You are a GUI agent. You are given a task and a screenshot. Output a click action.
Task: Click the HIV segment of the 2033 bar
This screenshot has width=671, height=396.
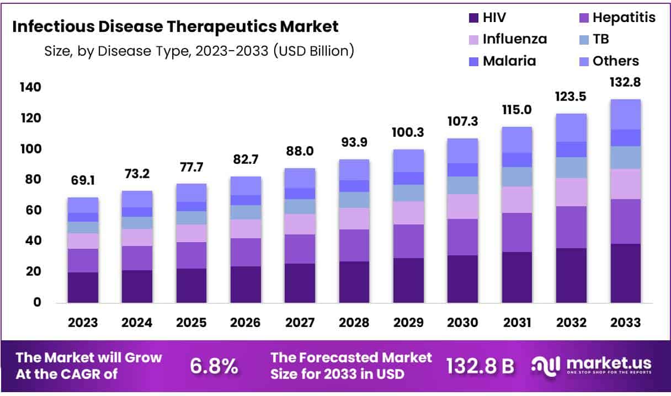click(x=625, y=273)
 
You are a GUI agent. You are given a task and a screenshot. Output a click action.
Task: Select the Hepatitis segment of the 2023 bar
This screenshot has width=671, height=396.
click(x=83, y=260)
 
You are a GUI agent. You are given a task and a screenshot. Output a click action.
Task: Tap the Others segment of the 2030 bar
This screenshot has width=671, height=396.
click(x=462, y=151)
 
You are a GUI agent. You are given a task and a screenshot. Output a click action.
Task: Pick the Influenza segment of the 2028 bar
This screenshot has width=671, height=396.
click(x=354, y=218)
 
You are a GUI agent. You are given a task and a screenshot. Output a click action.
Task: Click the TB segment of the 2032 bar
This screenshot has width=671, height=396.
click(x=571, y=168)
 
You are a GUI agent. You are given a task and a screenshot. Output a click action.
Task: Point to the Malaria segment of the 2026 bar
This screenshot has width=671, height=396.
click(x=246, y=200)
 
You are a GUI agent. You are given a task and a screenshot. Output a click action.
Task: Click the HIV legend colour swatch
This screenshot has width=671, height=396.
click(x=473, y=18)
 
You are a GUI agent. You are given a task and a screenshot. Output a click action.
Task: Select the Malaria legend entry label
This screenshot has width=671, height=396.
click(x=509, y=61)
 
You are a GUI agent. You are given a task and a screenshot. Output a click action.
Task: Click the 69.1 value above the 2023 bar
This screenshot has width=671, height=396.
click(x=83, y=180)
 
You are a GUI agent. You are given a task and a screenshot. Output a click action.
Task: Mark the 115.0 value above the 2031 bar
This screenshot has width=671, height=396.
click(x=516, y=110)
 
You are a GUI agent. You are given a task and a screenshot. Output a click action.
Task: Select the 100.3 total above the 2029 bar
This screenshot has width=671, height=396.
click(x=408, y=132)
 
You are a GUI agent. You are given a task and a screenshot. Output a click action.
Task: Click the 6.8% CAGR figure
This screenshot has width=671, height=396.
click(x=214, y=365)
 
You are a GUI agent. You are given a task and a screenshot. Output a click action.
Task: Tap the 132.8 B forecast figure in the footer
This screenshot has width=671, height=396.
click(x=480, y=365)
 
